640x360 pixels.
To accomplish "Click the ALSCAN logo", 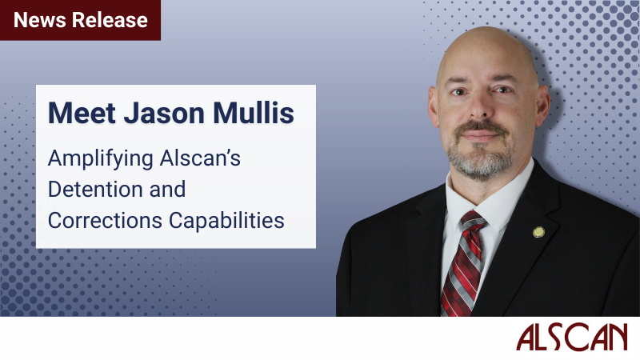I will (x=570, y=338).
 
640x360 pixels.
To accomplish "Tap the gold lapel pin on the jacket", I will (x=538, y=232).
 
